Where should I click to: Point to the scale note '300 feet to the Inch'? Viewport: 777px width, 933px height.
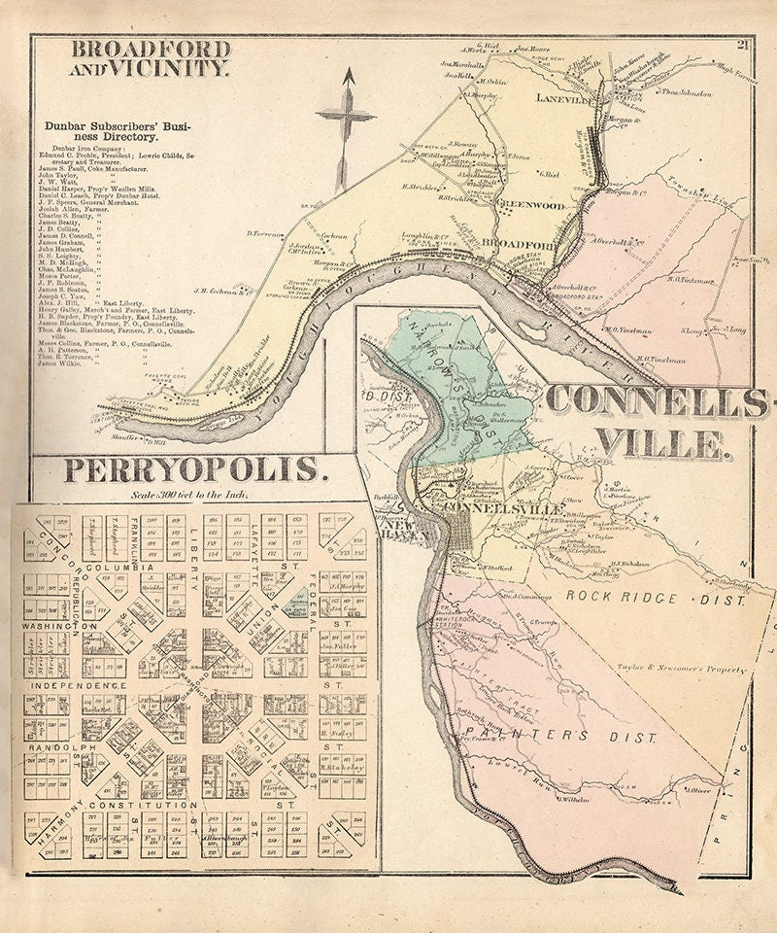190,495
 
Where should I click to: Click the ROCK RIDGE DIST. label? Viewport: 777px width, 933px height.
656,600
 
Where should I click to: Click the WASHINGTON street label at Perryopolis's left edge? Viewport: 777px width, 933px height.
56,627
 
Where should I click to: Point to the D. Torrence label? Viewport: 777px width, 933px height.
265,233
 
